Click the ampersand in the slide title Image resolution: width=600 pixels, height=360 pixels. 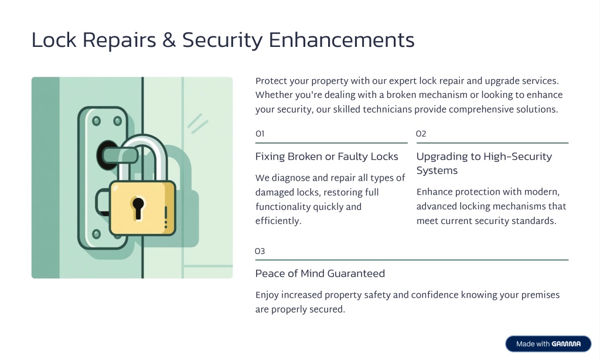tap(169, 40)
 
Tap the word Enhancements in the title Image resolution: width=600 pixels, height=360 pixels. tap(342, 40)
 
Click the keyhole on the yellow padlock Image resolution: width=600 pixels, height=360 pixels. tap(138, 209)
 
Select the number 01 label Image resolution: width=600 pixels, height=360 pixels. tap(260, 134)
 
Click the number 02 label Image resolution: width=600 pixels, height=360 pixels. tap(421, 134)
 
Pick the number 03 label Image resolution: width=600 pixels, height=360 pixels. tap(260, 251)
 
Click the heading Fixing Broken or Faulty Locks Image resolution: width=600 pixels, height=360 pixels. tap(327, 157)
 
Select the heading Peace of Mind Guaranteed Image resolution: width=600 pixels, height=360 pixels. tap(320, 273)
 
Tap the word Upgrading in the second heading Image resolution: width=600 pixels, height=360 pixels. tap(442, 157)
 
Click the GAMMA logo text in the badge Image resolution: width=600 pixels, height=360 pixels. tap(566, 344)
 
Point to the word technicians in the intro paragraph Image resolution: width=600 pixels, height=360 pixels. tap(387, 110)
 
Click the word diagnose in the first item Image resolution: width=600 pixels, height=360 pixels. tap(291, 178)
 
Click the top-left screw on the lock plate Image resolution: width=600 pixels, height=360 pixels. tap(97, 121)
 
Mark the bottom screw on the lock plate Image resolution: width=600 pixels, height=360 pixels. tap(97, 233)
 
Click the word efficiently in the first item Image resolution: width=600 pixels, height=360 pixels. tap(278, 221)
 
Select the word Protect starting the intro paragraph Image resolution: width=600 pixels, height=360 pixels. tap(271, 81)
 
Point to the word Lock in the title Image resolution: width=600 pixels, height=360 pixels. tap(54, 40)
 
